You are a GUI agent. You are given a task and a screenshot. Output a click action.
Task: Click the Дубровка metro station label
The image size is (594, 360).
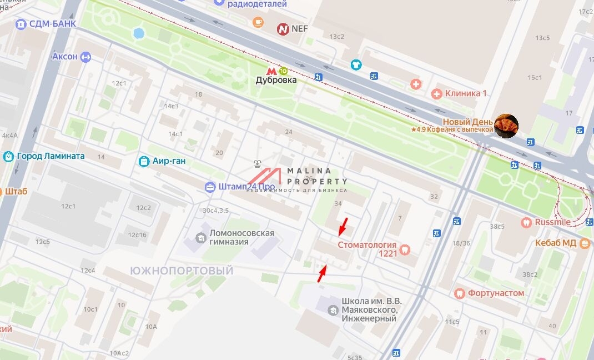click(276, 80)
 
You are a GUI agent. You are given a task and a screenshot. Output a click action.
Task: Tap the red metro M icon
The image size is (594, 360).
click(271, 71)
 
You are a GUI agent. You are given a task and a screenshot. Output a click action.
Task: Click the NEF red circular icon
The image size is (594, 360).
click(284, 28)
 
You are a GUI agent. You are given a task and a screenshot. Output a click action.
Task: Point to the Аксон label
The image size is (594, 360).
click(65, 57)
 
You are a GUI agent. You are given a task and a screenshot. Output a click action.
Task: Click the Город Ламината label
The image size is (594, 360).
click(51, 156)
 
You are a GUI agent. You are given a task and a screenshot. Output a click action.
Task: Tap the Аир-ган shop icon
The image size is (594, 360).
click(144, 162)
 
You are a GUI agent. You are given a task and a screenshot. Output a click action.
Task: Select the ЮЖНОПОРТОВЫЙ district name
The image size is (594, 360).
click(181, 270)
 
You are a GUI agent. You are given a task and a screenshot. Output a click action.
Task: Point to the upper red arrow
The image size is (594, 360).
click(344, 226)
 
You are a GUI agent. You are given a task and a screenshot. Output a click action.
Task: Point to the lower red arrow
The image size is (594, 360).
click(321, 274)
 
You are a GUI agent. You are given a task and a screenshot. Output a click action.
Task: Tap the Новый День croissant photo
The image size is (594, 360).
click(506, 125)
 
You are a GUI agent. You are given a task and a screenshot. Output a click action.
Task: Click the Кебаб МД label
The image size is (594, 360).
click(555, 243)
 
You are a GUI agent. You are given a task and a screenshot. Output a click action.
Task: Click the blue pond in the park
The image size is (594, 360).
click(138, 33)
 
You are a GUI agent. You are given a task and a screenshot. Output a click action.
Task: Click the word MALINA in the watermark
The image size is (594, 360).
click(309, 171)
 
